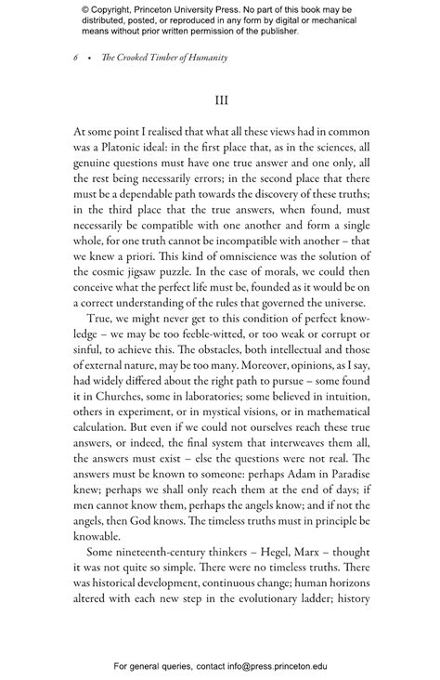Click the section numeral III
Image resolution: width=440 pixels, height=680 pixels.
220,100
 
